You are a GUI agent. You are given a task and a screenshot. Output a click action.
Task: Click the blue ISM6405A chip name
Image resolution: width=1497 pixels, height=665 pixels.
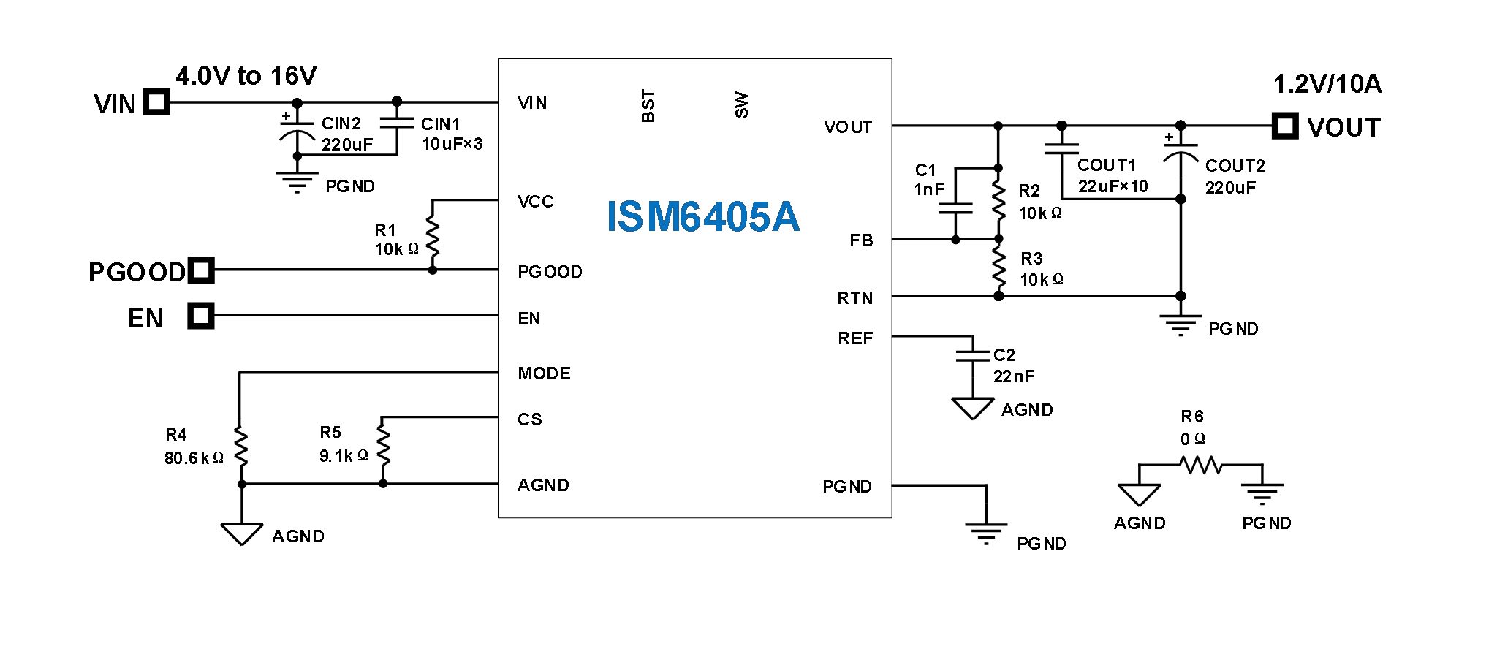[702, 217]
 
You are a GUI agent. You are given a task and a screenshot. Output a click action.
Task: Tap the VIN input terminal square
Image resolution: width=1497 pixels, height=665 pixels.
[156, 102]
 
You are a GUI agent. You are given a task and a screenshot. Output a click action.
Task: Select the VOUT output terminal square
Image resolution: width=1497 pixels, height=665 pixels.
[1284, 126]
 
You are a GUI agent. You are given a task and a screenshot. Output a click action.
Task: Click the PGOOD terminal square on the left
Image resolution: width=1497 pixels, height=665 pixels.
[201, 270]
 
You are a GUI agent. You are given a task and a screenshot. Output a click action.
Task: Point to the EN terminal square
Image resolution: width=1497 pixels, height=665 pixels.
[200, 316]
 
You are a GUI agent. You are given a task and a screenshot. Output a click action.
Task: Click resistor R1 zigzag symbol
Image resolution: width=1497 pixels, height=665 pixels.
[433, 235]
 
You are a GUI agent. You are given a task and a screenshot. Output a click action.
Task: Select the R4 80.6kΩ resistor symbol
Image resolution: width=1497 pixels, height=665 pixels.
[241, 446]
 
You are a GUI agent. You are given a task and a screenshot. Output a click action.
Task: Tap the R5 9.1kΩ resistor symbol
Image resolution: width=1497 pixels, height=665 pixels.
[383, 444]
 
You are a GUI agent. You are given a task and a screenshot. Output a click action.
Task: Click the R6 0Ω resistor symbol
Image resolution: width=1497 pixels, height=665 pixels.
[1200, 465]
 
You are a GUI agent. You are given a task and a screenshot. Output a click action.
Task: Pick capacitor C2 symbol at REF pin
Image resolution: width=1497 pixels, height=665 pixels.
[973, 355]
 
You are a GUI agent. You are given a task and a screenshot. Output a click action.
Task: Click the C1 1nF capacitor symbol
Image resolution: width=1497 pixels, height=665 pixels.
[955, 208]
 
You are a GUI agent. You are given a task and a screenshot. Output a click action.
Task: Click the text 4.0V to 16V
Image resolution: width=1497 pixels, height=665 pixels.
[246, 75]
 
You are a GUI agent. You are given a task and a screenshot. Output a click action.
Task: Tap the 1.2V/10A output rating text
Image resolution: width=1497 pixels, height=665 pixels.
[1327, 84]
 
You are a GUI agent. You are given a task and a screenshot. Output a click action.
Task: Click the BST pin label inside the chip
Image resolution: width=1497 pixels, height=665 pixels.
[648, 106]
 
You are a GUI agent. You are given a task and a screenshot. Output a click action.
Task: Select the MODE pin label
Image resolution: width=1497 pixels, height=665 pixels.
[544, 373]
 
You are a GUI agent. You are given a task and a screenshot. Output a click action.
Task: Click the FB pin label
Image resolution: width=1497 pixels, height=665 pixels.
[861, 240]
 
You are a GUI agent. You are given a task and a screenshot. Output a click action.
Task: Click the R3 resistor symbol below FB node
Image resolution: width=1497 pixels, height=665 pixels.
[998, 267]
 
